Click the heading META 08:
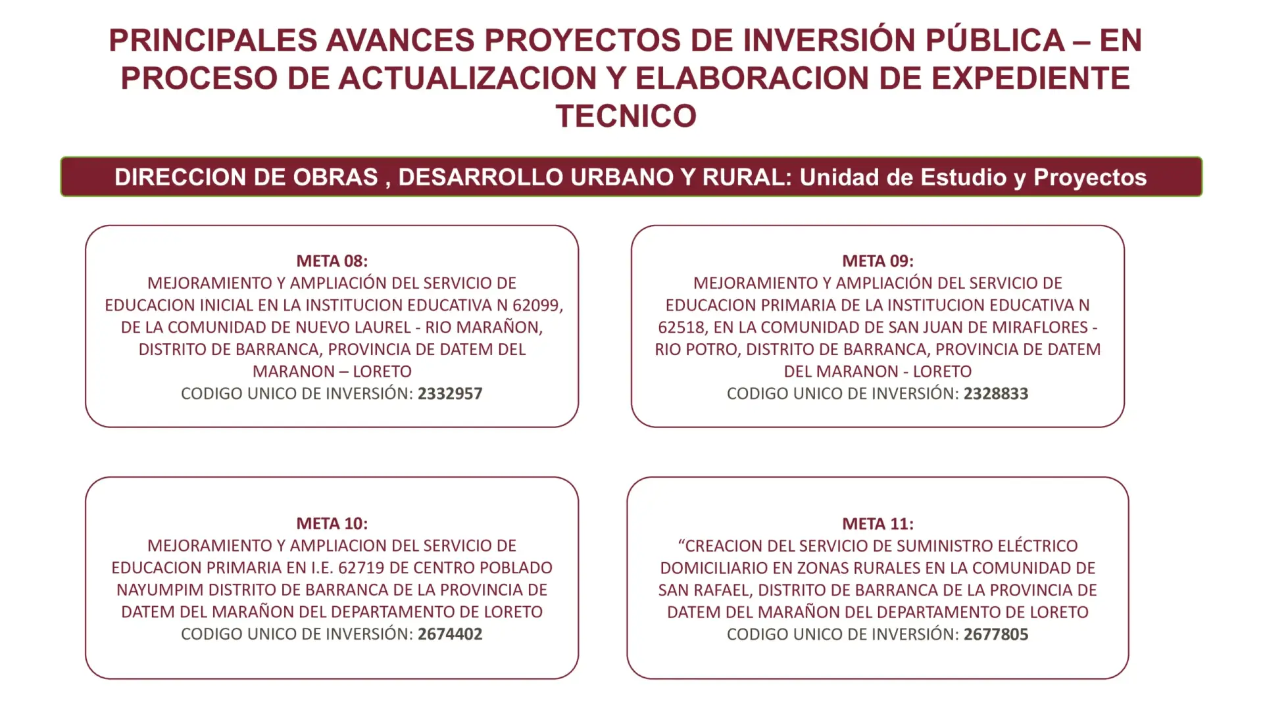point(332,261)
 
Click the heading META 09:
point(878,261)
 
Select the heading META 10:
point(332,523)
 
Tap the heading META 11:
point(878,524)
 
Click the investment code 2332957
point(450,394)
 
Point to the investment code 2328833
point(996,394)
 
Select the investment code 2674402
point(450,634)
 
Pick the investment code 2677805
point(996,634)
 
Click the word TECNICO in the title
point(626,116)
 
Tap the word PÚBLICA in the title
point(995,40)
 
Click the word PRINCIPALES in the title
point(213,41)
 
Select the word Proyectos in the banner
point(1090,177)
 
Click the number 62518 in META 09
point(681,327)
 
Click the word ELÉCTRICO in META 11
point(1037,546)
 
